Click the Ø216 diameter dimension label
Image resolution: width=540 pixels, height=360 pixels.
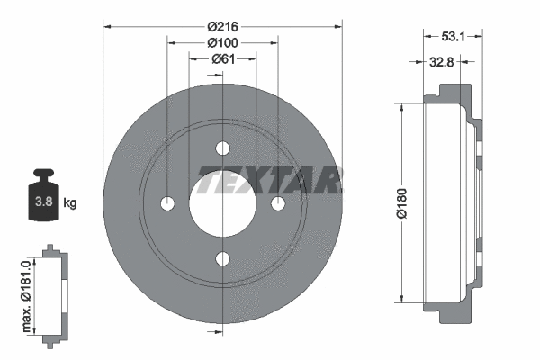pyautogui.click(x=222, y=26)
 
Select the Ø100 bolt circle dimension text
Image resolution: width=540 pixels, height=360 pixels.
pyautogui.click(x=222, y=42)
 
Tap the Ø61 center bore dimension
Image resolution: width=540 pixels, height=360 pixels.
pyautogui.click(x=223, y=59)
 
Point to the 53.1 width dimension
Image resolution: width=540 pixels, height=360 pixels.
pyautogui.click(x=454, y=38)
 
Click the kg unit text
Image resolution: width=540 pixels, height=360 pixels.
pyautogui.click(x=69, y=203)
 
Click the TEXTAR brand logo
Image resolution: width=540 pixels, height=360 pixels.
pyautogui.click(x=269, y=181)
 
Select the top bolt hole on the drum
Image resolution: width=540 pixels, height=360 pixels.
pyautogui.click(x=222, y=148)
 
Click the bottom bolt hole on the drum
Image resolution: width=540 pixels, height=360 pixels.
pyautogui.click(x=222, y=260)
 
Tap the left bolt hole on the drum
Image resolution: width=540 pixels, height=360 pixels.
pyautogui.click(x=166, y=204)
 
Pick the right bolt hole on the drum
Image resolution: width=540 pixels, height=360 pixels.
pyautogui.click(x=278, y=204)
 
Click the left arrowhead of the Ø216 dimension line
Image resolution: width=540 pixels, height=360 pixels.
pyautogui.click(x=108, y=26)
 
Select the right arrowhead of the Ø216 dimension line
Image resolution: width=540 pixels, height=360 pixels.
pyautogui.click(x=337, y=26)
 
